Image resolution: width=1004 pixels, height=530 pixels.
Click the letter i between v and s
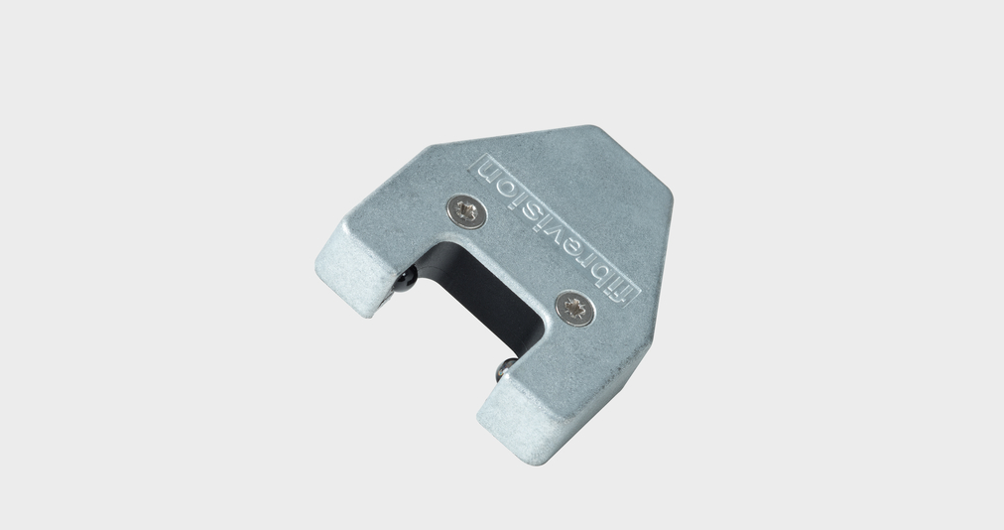click(x=545, y=217)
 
